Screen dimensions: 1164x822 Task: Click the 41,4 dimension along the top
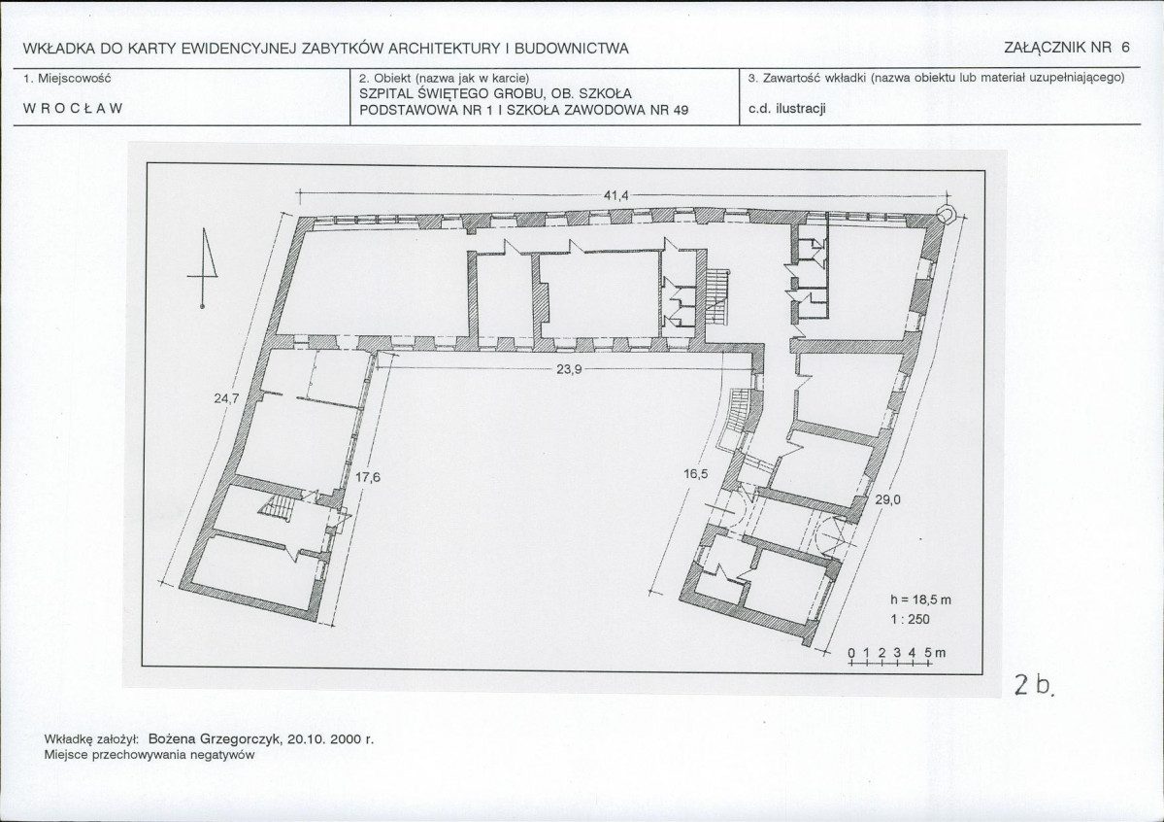click(615, 195)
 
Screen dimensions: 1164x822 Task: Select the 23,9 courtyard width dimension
click(568, 368)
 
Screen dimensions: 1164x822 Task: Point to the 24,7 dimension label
click(226, 398)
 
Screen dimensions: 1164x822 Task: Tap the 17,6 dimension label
click(368, 477)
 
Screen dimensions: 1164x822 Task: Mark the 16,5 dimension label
click(695, 474)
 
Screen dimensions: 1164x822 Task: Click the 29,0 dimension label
click(887, 499)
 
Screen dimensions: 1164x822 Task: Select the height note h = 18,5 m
click(920, 599)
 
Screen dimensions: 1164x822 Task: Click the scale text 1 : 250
click(910, 619)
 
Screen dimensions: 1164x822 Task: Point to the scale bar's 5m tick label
click(935, 653)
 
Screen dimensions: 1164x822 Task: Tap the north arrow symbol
click(204, 267)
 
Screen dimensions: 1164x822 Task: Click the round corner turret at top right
click(946, 214)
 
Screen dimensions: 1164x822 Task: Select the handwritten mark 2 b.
click(1034, 684)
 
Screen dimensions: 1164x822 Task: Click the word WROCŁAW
click(73, 109)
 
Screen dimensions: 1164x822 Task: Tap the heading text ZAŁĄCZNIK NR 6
click(1067, 48)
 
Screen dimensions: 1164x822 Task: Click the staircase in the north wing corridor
click(717, 296)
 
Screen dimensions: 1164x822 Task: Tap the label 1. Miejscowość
click(67, 78)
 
